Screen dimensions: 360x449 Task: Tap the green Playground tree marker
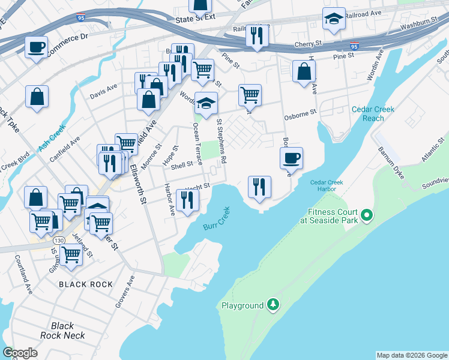273,305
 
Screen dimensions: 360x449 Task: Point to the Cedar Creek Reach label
365,113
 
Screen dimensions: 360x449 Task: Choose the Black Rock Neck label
62,331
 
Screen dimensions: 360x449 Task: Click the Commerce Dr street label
67,38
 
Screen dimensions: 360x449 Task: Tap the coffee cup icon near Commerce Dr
37,47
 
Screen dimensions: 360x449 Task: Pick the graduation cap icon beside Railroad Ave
334,19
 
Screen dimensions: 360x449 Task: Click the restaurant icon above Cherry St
257,36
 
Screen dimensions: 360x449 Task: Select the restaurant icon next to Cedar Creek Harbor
260,187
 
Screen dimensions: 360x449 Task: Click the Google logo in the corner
20,353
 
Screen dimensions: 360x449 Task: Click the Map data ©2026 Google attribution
412,355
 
